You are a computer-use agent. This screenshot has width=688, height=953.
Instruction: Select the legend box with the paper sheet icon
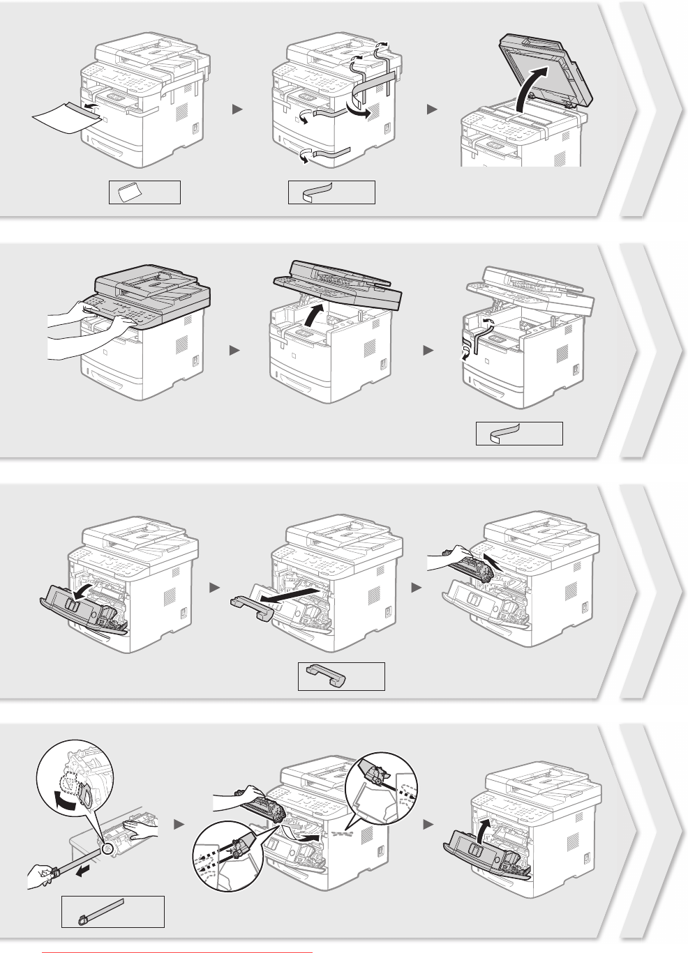click(x=144, y=192)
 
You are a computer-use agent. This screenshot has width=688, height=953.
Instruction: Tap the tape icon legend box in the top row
click(x=331, y=192)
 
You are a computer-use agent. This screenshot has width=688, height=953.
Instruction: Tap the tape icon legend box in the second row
click(x=518, y=433)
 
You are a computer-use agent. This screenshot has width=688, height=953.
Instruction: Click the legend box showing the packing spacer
click(x=341, y=676)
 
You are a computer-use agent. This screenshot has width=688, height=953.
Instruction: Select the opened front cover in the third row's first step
click(x=77, y=602)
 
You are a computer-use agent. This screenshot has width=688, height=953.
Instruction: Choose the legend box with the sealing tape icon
click(x=113, y=911)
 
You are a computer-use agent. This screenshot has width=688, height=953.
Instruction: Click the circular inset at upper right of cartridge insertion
click(x=380, y=787)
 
